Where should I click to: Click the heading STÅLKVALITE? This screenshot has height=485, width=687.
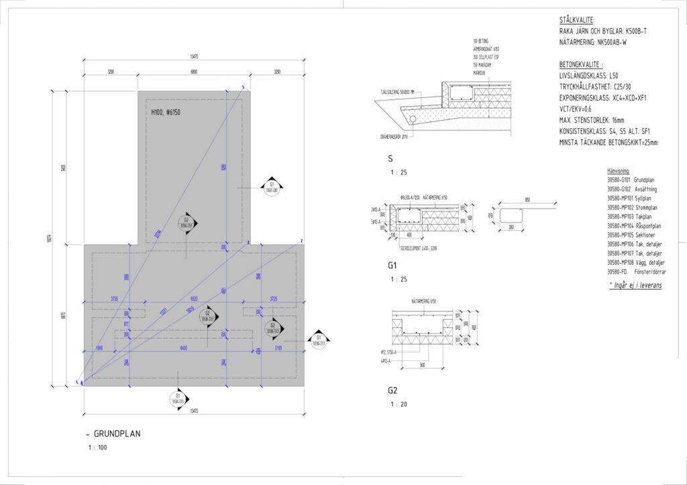click(576, 21)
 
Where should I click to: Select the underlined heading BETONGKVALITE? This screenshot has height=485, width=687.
click(581, 66)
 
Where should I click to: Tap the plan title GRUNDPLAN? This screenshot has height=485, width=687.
click(117, 434)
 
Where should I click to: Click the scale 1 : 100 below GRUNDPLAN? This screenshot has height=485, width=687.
click(97, 447)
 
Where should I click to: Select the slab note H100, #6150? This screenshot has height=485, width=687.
click(166, 112)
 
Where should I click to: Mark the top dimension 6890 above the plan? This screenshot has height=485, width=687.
click(193, 71)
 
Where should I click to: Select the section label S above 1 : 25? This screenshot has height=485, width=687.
click(390, 160)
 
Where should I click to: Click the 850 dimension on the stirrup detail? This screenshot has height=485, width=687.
click(529, 200)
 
